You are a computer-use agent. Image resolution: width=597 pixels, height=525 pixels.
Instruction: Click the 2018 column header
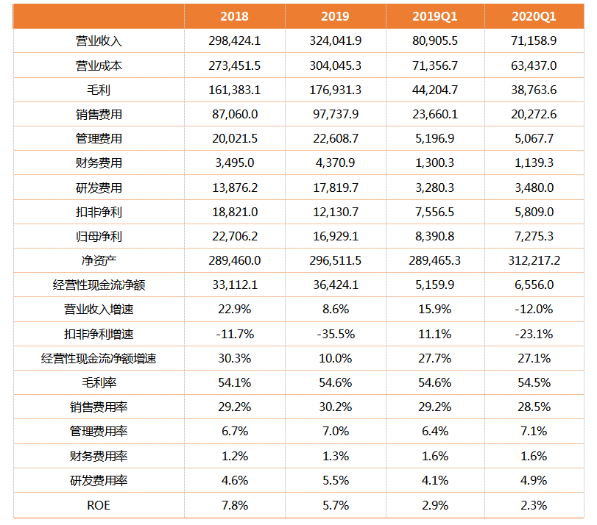click(x=234, y=16)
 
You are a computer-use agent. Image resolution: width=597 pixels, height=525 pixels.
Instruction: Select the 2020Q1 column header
click(x=534, y=16)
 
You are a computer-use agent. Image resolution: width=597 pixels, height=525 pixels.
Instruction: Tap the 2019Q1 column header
click(x=435, y=16)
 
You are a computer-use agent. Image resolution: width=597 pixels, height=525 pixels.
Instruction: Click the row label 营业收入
click(x=99, y=40)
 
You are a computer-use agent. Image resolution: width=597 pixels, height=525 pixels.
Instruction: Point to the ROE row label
click(x=99, y=505)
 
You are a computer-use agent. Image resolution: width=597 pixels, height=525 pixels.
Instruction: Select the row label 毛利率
click(x=99, y=382)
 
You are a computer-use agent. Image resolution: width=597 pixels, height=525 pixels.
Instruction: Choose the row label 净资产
click(x=99, y=260)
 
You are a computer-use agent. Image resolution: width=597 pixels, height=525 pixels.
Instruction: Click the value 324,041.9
click(x=336, y=40)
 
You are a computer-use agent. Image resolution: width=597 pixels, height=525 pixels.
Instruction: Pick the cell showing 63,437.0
click(x=534, y=65)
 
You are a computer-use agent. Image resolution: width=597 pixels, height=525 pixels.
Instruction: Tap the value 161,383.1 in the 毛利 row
click(x=235, y=90)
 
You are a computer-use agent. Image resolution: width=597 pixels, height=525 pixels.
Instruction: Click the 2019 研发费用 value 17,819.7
click(x=336, y=187)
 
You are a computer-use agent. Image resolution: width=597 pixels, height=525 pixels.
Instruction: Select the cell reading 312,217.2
click(x=534, y=260)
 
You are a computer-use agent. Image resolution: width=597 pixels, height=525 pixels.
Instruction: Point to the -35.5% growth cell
click(x=336, y=334)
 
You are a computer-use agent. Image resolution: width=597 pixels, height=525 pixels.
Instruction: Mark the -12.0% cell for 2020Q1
click(x=534, y=309)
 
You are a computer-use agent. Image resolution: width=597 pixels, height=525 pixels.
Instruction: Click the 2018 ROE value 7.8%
click(x=235, y=505)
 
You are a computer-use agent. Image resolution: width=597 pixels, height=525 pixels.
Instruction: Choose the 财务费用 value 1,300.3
click(x=435, y=162)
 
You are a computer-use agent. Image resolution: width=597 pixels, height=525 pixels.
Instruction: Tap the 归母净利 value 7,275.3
click(x=534, y=236)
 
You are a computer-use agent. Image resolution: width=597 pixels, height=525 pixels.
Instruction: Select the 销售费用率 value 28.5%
click(x=534, y=407)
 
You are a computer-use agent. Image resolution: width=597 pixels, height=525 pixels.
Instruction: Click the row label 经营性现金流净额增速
click(x=99, y=358)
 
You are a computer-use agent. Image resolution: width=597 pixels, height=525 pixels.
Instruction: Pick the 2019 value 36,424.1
click(x=336, y=285)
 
